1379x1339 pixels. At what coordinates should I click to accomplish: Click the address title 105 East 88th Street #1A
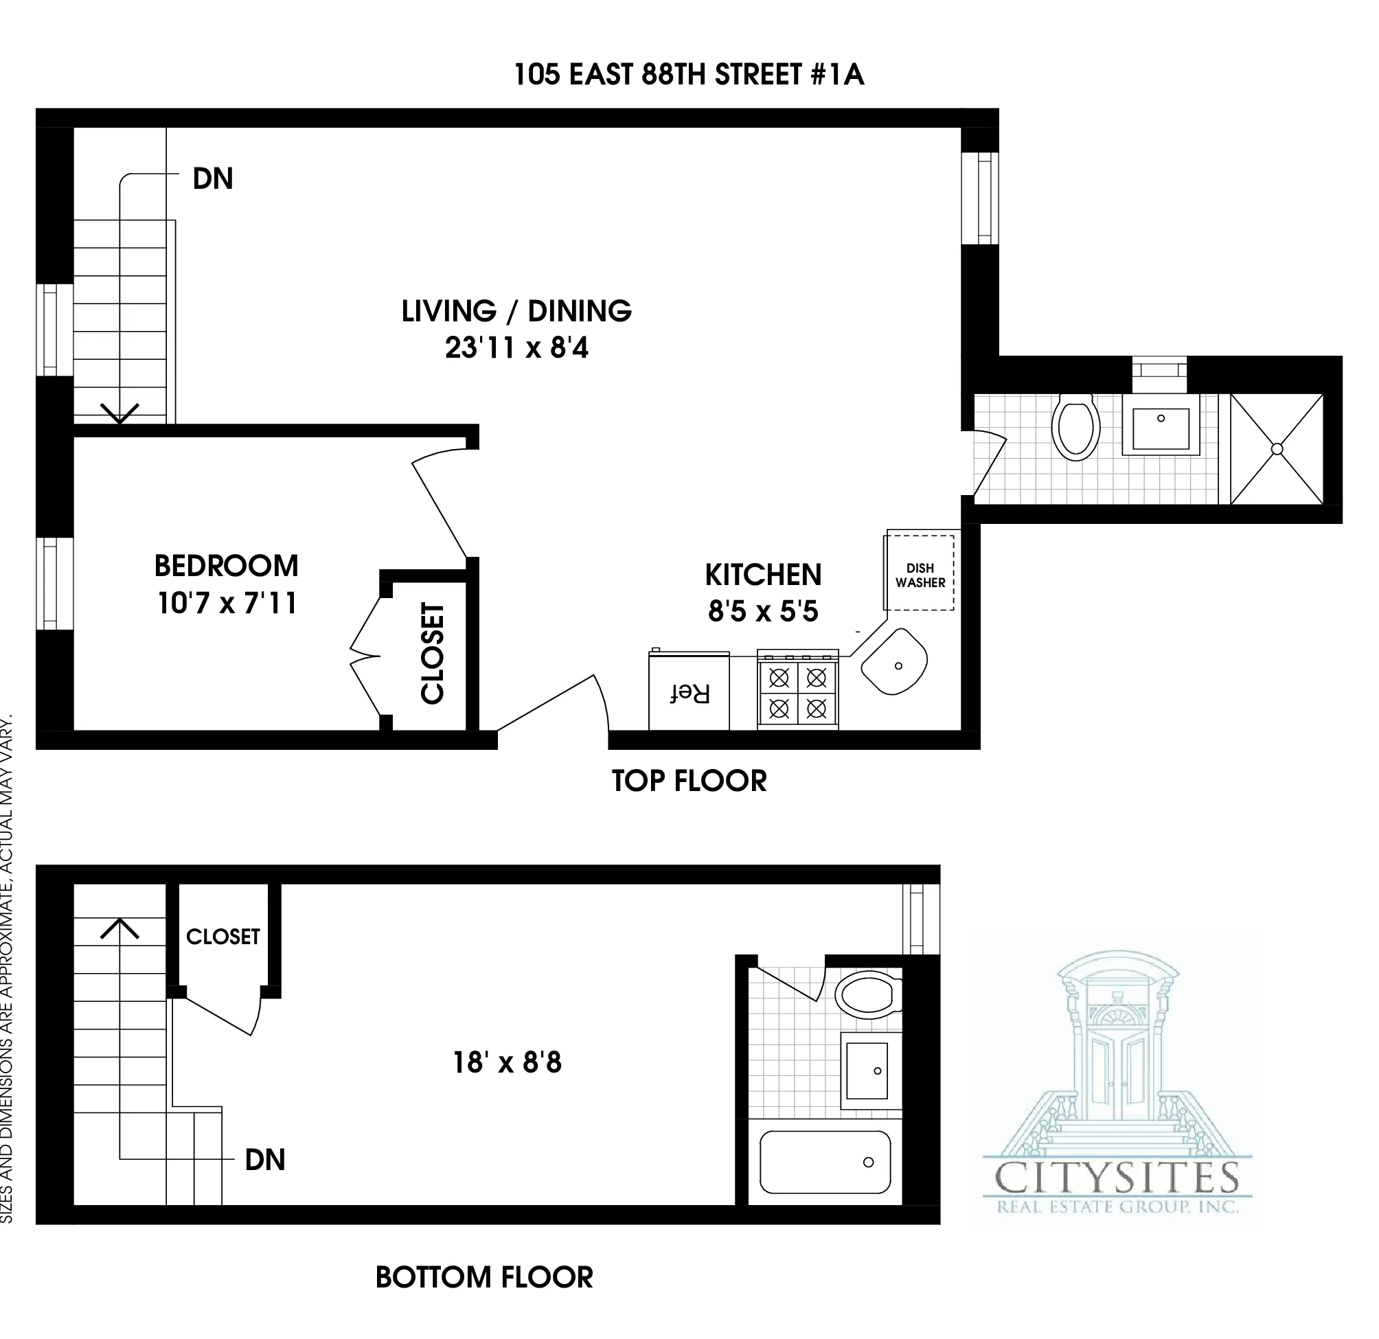(x=688, y=75)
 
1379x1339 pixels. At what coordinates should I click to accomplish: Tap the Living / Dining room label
(x=516, y=311)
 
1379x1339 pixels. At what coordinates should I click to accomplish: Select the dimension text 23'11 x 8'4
(x=516, y=347)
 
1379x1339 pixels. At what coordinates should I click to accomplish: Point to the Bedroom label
(x=227, y=566)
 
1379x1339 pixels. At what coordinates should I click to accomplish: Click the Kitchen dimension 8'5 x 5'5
(x=763, y=610)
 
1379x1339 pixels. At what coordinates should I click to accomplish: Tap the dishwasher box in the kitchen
(x=920, y=574)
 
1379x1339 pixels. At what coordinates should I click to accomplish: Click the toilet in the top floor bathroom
(x=1075, y=427)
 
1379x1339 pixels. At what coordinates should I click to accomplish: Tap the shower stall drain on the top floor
(x=1277, y=449)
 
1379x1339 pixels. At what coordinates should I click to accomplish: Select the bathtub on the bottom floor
(x=825, y=1163)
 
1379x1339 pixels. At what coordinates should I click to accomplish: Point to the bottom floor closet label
(x=223, y=937)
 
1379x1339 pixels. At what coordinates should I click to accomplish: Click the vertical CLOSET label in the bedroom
(x=433, y=653)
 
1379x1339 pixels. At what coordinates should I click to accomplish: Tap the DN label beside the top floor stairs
(x=212, y=179)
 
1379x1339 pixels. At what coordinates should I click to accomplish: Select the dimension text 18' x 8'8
(x=508, y=1062)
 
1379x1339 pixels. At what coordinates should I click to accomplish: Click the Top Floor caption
(x=689, y=781)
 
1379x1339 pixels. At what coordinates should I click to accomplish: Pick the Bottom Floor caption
(x=484, y=1277)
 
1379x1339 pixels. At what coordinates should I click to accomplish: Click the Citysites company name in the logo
(x=1117, y=1177)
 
